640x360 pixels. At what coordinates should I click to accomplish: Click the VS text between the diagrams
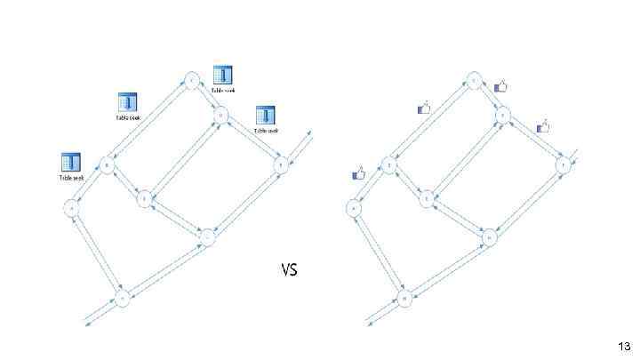289,269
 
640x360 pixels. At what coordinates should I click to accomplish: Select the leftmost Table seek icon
70,163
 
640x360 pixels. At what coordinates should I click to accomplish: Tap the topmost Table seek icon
222,75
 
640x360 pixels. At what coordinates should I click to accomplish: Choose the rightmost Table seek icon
266,116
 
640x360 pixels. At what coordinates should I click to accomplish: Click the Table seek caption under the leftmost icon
71,178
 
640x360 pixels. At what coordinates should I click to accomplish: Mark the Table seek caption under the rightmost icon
267,131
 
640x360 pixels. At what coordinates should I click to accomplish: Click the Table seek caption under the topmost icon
223,90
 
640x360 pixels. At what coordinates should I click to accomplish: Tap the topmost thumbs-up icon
500,86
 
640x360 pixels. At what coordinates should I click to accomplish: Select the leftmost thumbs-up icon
359,173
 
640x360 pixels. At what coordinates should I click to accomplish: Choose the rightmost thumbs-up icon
542,127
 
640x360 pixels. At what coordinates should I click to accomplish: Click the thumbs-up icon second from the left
423,108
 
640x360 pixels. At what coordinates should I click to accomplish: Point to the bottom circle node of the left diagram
123,298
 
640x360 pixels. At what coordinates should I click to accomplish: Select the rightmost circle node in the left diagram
281,164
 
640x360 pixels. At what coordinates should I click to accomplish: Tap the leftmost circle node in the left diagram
71,208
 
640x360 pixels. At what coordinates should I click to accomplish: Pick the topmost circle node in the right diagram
475,81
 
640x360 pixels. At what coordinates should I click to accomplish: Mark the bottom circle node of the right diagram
404,299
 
